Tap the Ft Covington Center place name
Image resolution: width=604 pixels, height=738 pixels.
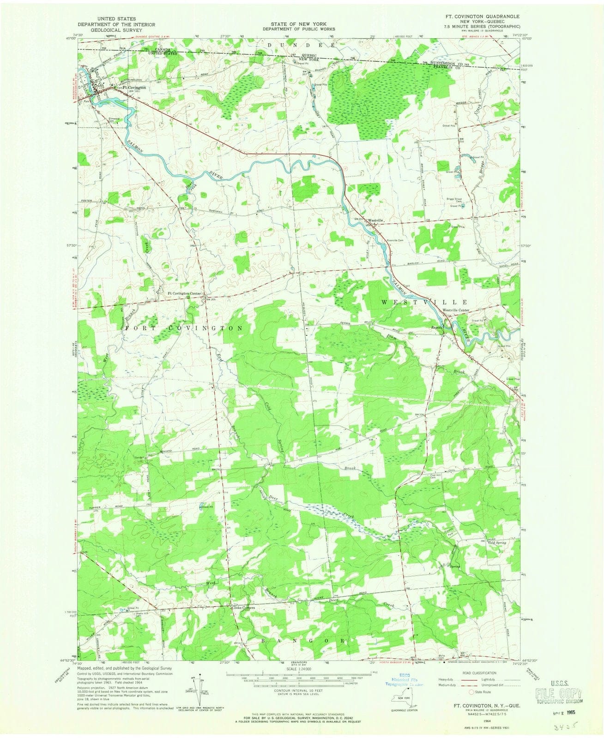[184, 293]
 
